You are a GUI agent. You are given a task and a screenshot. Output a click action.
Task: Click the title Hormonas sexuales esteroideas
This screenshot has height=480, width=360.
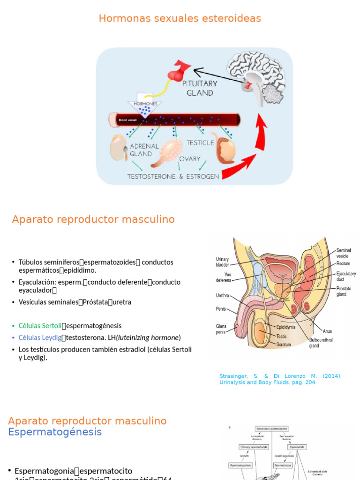click(x=180, y=18)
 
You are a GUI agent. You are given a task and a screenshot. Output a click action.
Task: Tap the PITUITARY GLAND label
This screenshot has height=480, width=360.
click(x=200, y=88)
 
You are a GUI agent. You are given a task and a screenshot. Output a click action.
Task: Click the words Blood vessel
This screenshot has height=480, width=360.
click(x=127, y=120)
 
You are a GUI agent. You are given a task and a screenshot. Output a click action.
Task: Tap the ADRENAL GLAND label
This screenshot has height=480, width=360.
click(x=141, y=150)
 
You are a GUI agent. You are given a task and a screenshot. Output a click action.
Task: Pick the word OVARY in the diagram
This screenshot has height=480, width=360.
click(x=190, y=159)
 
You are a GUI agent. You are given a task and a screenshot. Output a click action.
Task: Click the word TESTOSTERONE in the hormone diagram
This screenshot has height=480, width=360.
click(x=152, y=177)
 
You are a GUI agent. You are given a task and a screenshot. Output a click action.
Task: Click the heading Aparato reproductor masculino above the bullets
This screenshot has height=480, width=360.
click(x=93, y=219)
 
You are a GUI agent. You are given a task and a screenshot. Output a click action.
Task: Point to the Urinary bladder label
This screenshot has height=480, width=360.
click(x=222, y=262)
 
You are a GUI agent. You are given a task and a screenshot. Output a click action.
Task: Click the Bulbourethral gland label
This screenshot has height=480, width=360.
click(x=321, y=343)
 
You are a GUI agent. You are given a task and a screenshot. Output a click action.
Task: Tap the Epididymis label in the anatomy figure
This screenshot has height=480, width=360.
click(x=285, y=327)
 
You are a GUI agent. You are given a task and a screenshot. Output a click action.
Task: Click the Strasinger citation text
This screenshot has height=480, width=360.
click(x=280, y=379)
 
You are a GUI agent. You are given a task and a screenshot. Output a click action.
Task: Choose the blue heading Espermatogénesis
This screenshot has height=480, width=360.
click(x=55, y=432)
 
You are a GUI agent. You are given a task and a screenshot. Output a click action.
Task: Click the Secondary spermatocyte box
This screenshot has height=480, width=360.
click(x=271, y=428)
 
